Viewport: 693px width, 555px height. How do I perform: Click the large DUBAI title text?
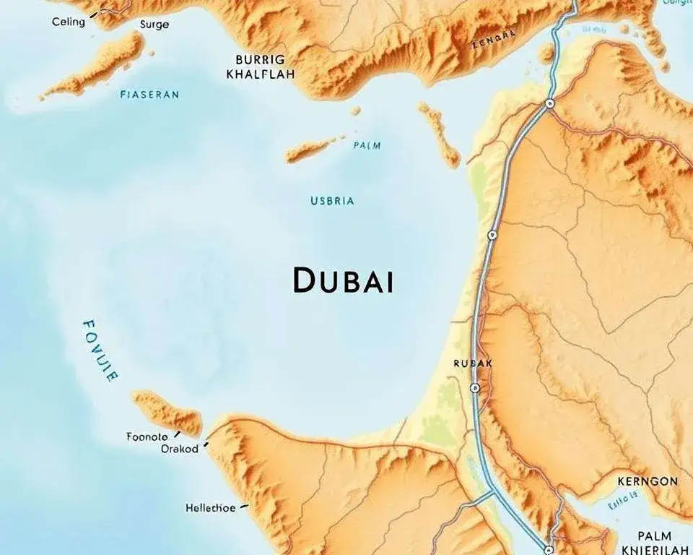(344, 280)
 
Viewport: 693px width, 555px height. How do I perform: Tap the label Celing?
(69, 22)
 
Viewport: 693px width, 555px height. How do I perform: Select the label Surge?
(154, 24)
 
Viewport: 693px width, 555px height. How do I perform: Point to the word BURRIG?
(260, 59)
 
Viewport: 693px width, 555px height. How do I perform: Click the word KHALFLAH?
(261, 74)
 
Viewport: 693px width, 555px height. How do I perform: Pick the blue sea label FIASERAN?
(149, 94)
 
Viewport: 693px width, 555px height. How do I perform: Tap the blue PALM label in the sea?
(367, 145)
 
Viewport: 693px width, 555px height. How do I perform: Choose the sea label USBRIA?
(332, 201)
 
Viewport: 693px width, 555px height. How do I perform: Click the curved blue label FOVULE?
(99, 350)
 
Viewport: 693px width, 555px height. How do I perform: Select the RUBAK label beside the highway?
(472, 363)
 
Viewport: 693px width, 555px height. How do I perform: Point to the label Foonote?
(147, 436)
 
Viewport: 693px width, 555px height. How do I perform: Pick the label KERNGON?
(648, 481)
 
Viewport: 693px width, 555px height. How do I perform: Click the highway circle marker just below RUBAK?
(474, 388)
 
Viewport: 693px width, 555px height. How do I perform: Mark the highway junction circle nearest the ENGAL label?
(549, 103)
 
